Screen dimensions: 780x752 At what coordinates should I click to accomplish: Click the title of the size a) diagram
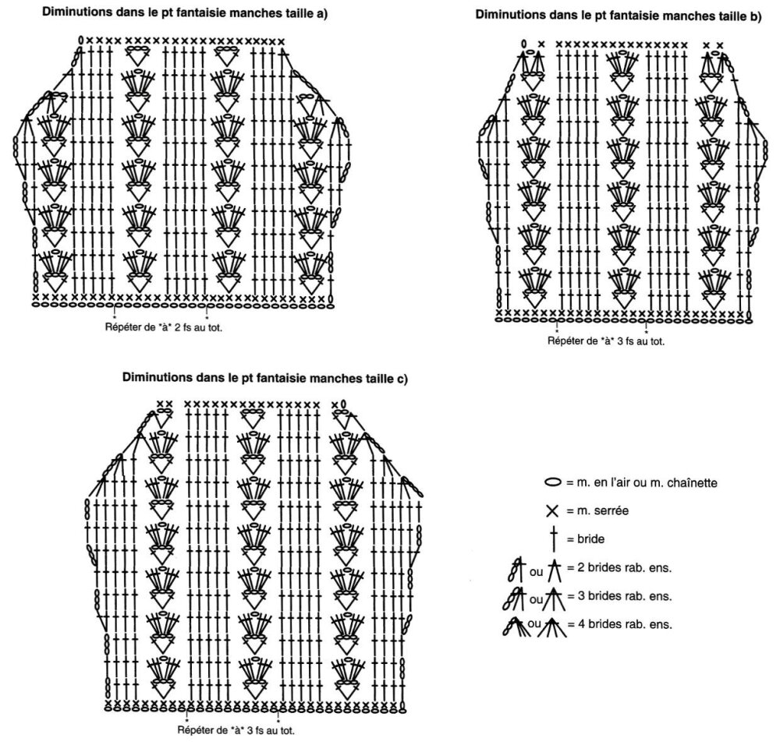tap(185, 13)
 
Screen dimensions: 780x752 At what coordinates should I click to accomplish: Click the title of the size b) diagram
tap(619, 16)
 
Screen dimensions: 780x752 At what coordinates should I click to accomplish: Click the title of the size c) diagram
tap(265, 378)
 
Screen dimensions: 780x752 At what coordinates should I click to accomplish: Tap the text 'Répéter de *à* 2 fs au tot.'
tap(164, 327)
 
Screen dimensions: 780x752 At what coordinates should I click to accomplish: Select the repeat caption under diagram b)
tap(606, 341)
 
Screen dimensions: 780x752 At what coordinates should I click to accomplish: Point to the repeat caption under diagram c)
tap(236, 731)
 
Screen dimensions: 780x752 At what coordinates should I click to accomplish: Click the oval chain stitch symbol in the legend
tap(553, 482)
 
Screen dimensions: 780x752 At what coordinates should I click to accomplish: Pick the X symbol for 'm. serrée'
tap(553, 511)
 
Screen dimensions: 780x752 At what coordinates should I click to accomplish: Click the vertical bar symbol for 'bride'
tap(553, 538)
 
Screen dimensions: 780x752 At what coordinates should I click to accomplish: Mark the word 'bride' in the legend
tap(591, 539)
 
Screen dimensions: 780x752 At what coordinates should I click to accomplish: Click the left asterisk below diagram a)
tap(115, 316)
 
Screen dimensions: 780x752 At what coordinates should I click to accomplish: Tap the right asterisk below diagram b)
tap(646, 332)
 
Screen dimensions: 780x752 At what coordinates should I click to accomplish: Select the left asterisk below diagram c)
tap(186, 720)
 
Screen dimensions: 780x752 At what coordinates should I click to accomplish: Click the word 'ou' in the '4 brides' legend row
tap(534, 623)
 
